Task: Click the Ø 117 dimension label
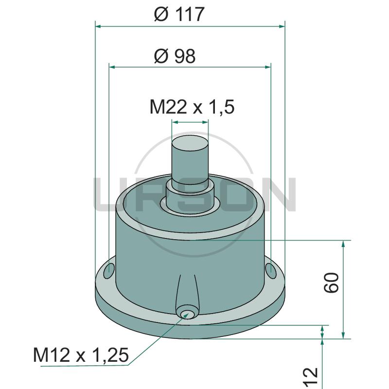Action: [179, 14]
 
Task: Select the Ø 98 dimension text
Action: [175, 56]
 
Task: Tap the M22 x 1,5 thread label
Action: [192, 107]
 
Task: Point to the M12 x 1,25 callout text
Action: [81, 355]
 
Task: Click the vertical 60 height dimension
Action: [331, 283]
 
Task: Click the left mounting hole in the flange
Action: [109, 271]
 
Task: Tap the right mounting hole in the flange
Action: [271, 271]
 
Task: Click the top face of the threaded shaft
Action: [190, 144]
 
